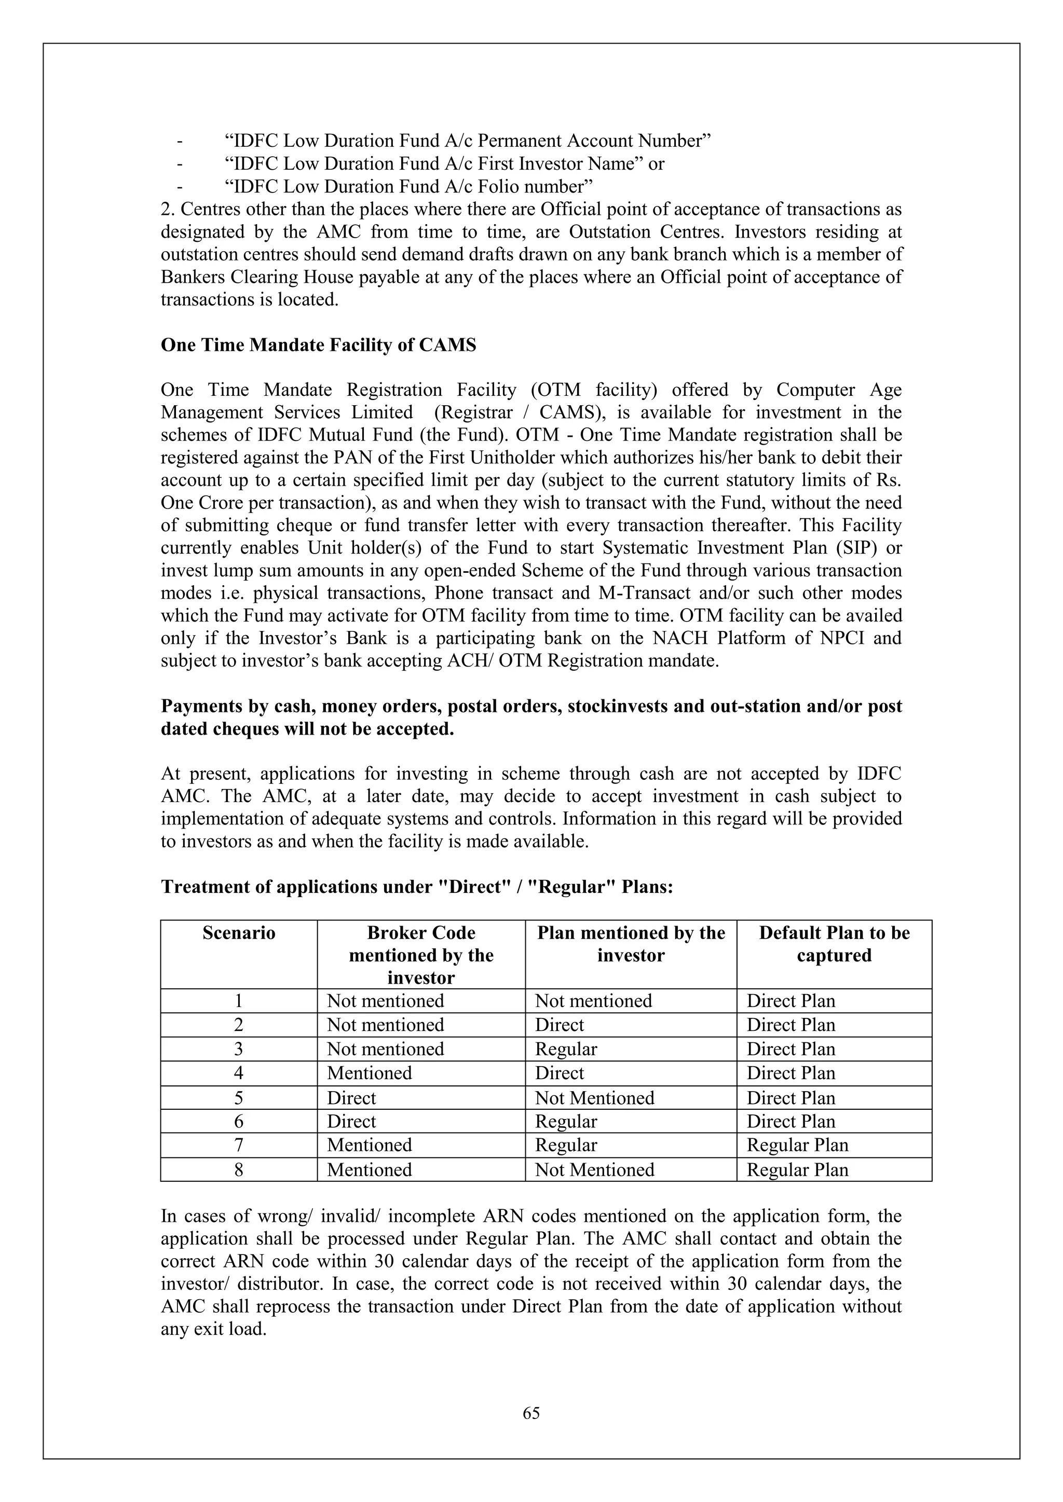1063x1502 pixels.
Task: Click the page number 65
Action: click(x=531, y=1413)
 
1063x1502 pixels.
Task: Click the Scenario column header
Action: click(x=238, y=932)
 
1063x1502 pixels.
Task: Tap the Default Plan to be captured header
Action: click(x=834, y=943)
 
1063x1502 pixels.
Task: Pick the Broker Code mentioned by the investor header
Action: click(x=421, y=955)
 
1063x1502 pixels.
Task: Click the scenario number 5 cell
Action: click(x=238, y=1098)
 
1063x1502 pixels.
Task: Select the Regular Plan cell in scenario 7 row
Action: click(x=797, y=1145)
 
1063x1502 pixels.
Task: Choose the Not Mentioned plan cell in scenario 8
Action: click(x=594, y=1169)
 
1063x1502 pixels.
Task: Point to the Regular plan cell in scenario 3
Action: click(x=566, y=1049)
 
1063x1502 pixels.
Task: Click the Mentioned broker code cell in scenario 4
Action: click(x=369, y=1073)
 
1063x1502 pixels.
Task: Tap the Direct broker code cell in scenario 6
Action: click(x=351, y=1121)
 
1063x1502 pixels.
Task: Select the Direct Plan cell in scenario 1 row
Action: click(x=791, y=1001)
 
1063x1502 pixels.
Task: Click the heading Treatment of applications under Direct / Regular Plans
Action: click(x=417, y=887)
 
